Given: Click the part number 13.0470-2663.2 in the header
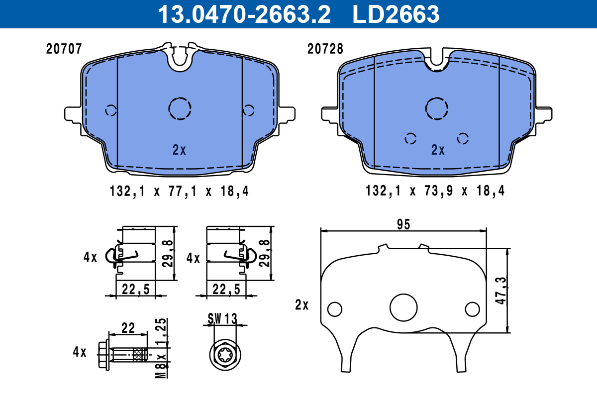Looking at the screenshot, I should [244, 14].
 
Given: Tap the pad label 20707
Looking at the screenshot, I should [63, 49].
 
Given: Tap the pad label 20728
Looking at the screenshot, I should [325, 49].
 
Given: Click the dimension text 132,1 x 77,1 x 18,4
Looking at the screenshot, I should [179, 191].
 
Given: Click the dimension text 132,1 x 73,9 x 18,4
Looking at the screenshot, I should [435, 191].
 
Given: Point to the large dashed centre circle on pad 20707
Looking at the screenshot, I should [180, 108].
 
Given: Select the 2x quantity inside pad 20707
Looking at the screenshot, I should [179, 150].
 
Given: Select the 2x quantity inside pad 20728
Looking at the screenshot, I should [438, 150].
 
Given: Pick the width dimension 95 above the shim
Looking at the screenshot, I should [403, 224].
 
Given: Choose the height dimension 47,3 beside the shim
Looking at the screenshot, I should [500, 291].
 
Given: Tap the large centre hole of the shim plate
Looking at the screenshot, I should [403, 307].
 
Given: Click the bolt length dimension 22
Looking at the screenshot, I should [128, 328].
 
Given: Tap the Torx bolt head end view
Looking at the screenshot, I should [224, 355].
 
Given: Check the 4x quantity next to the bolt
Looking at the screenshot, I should [80, 352].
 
